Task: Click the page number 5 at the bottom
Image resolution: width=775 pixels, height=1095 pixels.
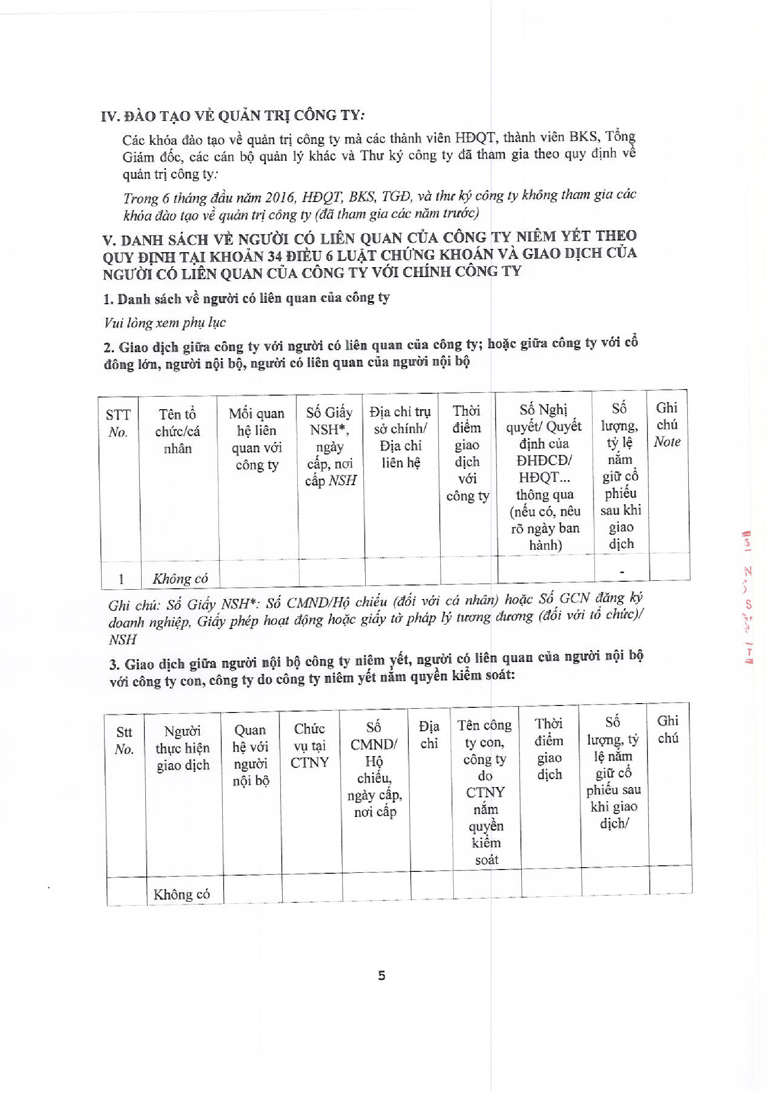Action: pos(381,976)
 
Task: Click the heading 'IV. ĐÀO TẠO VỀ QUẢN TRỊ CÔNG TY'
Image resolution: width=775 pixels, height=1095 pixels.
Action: pos(233,115)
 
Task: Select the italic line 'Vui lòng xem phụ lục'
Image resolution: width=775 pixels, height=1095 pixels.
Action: pos(165,323)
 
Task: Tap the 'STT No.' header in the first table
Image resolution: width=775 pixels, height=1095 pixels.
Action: pos(118,423)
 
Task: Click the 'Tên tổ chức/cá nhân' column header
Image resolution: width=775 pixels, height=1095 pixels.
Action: pos(178,431)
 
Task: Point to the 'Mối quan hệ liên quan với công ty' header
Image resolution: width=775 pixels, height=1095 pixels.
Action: pos(257,439)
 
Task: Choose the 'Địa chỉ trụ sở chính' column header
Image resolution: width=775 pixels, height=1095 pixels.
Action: pos(400,436)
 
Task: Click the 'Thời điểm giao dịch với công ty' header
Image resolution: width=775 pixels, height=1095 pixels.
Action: pos(467,453)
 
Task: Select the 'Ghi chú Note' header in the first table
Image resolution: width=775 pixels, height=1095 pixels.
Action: pos(667,425)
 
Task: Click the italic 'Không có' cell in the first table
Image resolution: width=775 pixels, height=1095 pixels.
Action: pos(180,579)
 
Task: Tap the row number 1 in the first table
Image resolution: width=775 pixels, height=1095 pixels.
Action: pos(121,579)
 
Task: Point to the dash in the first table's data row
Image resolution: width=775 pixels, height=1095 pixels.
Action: pos(621,571)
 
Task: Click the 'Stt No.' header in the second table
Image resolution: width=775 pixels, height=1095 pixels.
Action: pos(124,741)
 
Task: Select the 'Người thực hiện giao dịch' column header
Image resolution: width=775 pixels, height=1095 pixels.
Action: pos(183,748)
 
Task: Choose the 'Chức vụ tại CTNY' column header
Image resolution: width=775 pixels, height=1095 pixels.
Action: pos(309,745)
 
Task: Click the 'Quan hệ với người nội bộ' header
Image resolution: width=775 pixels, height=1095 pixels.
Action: pos(250,755)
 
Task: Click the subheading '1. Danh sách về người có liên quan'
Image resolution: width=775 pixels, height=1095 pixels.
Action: pos(246,299)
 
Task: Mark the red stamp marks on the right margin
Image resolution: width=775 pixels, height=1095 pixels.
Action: pos(748,596)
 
